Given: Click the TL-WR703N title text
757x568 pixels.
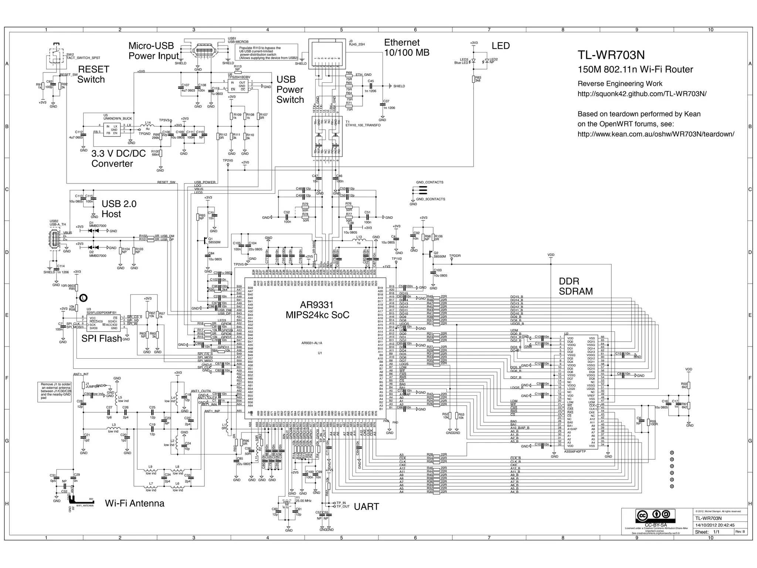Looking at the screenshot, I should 611,55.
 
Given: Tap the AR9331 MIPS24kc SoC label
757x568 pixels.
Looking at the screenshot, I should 317,310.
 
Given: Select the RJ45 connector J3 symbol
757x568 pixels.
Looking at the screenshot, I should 325,54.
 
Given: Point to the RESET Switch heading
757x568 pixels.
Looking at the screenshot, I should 93,74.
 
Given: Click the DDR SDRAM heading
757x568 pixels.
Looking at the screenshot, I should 576,286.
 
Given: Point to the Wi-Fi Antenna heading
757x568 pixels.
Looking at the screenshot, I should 135,503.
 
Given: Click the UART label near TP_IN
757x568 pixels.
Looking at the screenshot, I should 366,507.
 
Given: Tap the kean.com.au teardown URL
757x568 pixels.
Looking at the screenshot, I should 656,134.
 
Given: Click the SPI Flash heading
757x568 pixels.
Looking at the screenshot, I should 102,339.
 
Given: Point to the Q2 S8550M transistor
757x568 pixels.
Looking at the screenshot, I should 431,254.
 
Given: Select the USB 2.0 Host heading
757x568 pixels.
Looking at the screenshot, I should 119,209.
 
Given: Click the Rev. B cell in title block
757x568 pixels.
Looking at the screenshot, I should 740,531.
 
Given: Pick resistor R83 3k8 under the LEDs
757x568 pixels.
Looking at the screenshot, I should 473,79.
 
